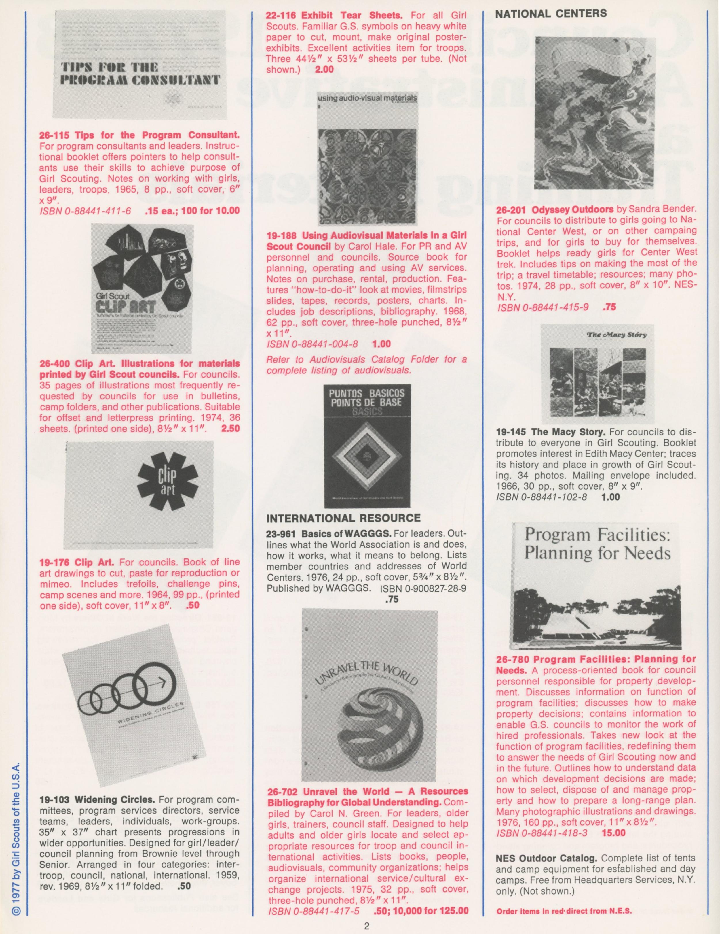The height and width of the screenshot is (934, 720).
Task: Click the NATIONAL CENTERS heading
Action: [x=551, y=14]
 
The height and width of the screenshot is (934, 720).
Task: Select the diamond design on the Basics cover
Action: [x=370, y=458]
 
